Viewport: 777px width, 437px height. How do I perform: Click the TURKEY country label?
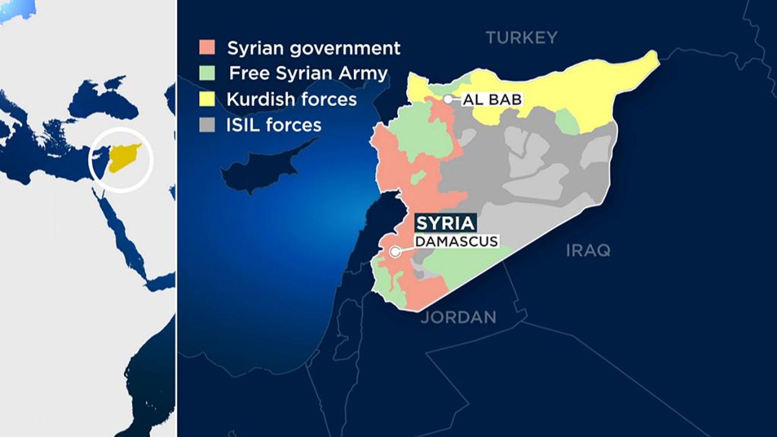521,38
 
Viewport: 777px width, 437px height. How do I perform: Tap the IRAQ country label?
588,250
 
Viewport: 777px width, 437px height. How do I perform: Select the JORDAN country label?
458,317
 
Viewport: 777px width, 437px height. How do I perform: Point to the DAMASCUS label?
456,242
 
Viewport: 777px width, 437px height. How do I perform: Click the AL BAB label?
492,100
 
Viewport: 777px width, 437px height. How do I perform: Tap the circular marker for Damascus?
395,251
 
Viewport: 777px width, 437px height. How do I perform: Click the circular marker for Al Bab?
448,99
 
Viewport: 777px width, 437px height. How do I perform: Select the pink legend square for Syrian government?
207,48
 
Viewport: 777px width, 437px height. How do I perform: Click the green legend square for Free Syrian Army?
207,73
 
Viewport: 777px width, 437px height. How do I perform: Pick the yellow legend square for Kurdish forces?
207,99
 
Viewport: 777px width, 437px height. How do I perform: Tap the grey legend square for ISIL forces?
207,125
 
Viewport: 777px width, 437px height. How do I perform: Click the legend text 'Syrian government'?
313,48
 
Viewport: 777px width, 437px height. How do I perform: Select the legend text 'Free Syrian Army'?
308,73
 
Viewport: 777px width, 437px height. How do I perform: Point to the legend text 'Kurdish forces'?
291,99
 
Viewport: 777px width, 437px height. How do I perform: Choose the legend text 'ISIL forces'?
274,125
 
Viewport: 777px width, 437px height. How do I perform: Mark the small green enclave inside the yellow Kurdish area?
567,121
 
